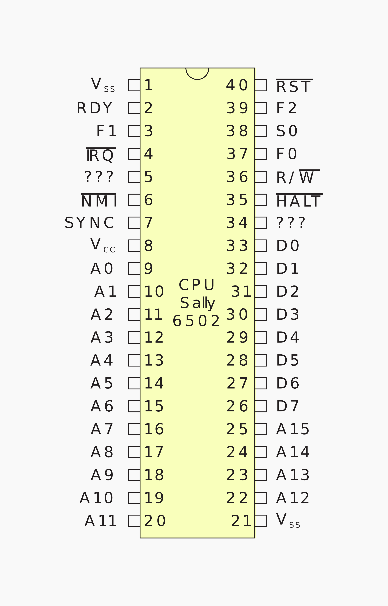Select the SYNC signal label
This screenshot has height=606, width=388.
(89, 223)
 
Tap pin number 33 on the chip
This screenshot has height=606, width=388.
(237, 246)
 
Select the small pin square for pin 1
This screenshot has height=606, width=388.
(134, 85)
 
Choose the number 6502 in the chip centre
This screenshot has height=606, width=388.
(196, 321)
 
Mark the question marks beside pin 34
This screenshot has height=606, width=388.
(291, 223)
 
